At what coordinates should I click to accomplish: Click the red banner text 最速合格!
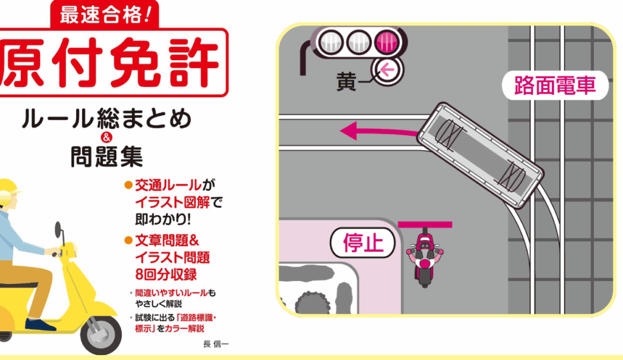pos(105,15)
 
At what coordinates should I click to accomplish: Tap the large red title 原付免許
pos(111,63)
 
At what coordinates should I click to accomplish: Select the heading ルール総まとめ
pos(106,119)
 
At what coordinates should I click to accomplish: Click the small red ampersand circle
pos(106,137)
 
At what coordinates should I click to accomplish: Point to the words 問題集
pos(106,156)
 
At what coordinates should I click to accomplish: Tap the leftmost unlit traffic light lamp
pos(331,42)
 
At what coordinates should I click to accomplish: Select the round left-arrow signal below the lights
pos(387,71)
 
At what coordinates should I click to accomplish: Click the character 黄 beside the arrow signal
pos(346,81)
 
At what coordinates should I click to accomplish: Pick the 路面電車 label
pos(555,85)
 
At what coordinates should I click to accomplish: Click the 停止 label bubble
pos(363,243)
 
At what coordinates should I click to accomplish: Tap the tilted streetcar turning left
pos(480,155)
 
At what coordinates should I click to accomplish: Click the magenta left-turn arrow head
pos(349,131)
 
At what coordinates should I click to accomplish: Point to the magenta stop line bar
pos(425,224)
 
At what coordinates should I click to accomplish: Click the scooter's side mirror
pos(59,229)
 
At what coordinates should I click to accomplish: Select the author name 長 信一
pos(216,344)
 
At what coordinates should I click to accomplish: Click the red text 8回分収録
pos(166,275)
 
